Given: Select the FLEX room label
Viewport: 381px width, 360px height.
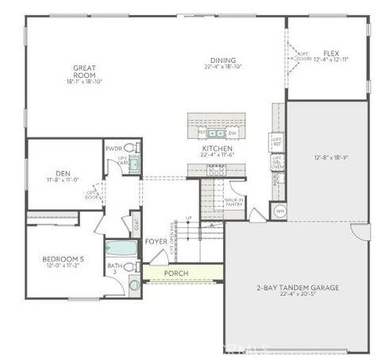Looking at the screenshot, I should [x=331, y=53].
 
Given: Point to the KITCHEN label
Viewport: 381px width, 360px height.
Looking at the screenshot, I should [x=216, y=149].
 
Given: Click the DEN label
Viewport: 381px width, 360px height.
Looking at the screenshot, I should [x=63, y=173].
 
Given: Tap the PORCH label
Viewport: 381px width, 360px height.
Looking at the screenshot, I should [x=175, y=273].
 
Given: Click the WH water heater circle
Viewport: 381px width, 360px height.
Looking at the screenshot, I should [x=279, y=212].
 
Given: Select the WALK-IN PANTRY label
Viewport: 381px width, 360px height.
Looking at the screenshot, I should [x=233, y=202].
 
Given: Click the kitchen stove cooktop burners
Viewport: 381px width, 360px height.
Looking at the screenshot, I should [x=215, y=171].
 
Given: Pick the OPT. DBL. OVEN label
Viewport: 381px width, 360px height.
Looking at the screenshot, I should [x=277, y=163].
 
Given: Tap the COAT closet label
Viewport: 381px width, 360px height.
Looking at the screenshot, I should [x=137, y=223].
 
